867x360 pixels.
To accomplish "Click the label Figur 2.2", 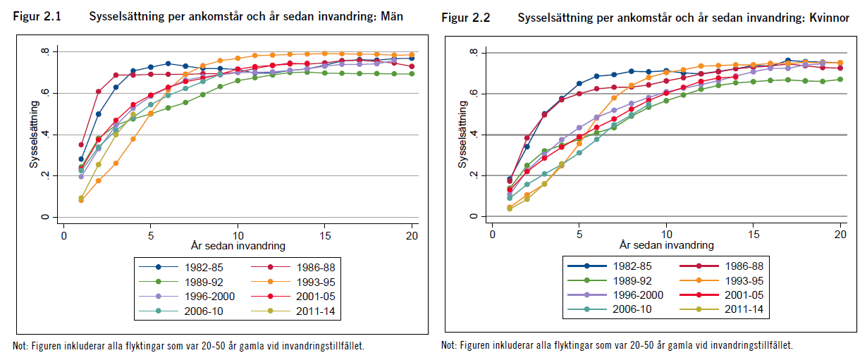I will click(465, 18).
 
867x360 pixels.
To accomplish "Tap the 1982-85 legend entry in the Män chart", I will click(201, 266).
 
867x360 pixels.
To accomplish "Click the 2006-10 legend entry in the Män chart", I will click(201, 310).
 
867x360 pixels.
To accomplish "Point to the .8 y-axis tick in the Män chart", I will click(44, 51).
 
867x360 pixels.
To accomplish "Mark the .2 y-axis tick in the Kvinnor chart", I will click(473, 175).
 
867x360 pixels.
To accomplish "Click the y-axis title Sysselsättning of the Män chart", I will click(32, 134).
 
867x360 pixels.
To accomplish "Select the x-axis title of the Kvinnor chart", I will click(666, 245).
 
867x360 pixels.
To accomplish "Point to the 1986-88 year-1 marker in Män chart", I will click(81, 144).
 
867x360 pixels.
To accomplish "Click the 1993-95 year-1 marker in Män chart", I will click(81, 200).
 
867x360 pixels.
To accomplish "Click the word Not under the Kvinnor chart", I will click(448, 345).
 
